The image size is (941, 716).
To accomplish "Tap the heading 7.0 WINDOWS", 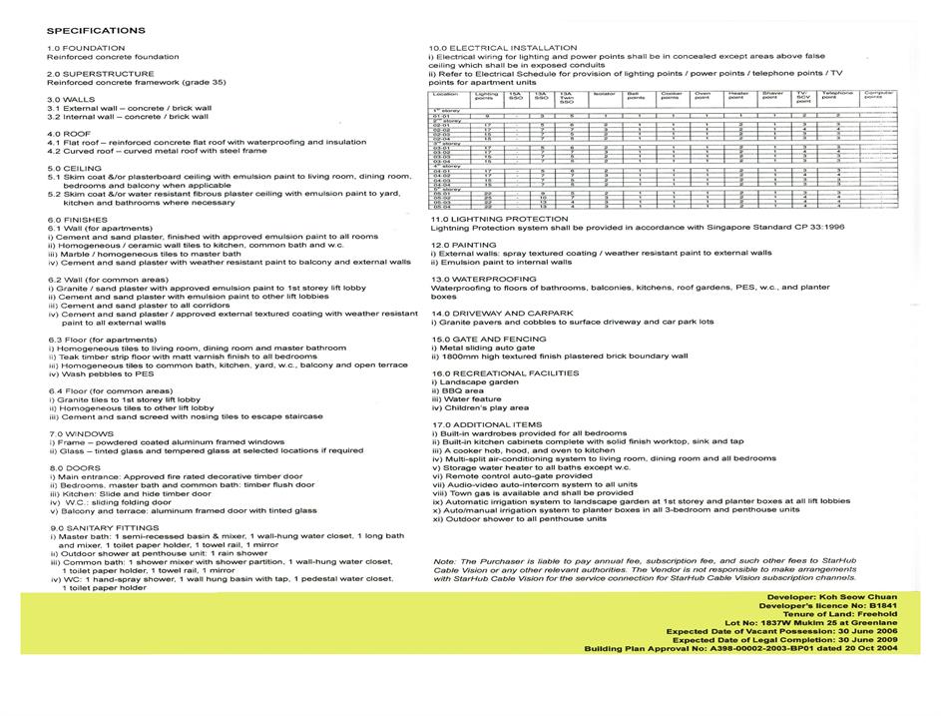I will coord(82,433).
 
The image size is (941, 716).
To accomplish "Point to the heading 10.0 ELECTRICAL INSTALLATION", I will coord(503,48).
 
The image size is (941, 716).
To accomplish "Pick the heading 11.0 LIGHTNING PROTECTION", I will coord(499,219).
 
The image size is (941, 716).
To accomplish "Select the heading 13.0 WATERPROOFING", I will coord(483,279).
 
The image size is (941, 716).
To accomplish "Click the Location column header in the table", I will coord(445,93).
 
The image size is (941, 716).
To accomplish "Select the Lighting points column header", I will coord(485,95).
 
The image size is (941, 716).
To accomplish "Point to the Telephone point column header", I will coord(837,95).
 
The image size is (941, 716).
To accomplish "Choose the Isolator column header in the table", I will coord(604,93).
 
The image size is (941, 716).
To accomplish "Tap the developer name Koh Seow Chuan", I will coord(873,596).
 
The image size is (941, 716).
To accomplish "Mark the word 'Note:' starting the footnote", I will coord(445,561).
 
